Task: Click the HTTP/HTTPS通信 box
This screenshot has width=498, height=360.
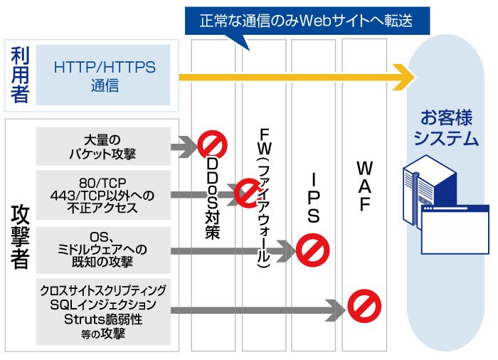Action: [104, 75]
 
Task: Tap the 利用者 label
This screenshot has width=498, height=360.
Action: [20, 75]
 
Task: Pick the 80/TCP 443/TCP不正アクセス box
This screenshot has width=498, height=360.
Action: [104, 194]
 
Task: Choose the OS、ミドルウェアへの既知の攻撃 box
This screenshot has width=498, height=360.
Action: [104, 250]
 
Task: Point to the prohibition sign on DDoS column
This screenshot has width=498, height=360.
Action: [211, 144]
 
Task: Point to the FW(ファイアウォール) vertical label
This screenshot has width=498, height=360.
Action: [264, 199]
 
